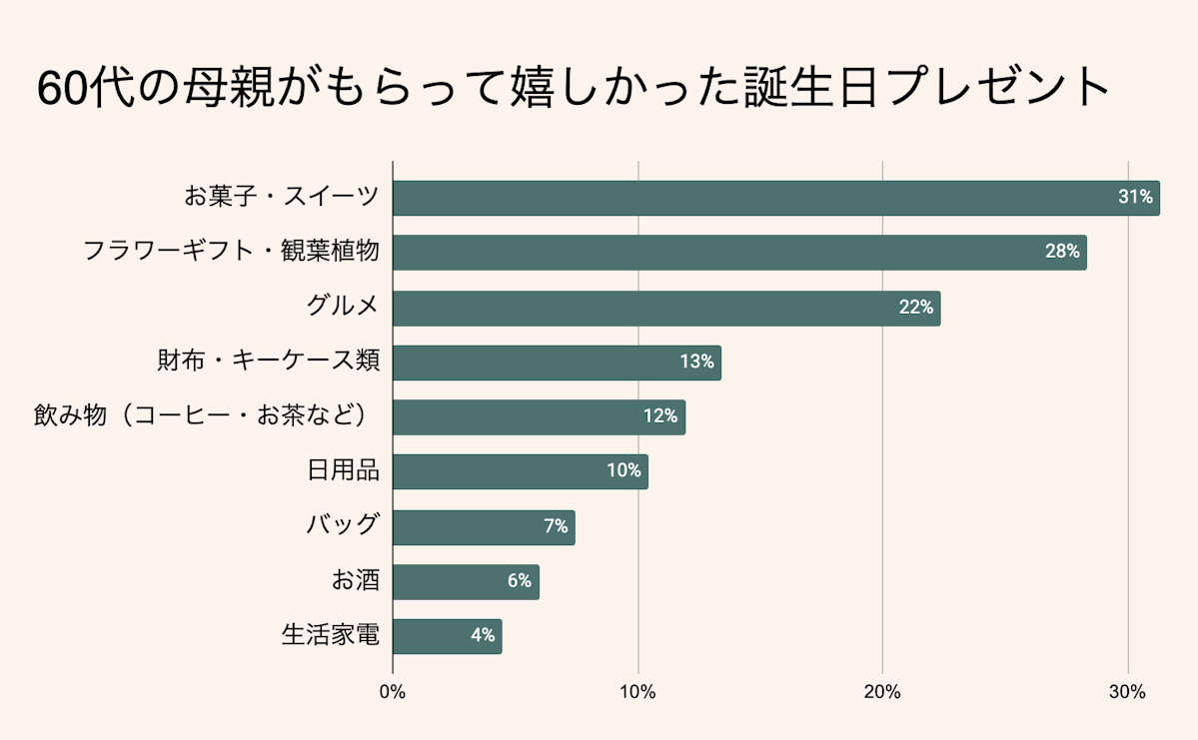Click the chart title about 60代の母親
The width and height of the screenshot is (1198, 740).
pyautogui.click(x=574, y=89)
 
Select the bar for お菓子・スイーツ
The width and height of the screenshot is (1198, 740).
pyautogui.click(x=775, y=198)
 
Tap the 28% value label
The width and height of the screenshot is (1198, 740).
pyautogui.click(x=1062, y=253)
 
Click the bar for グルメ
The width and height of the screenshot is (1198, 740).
pyautogui.click(x=666, y=308)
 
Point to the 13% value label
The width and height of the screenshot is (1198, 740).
pyautogui.click(x=696, y=362)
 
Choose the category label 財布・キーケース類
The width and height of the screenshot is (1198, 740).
pyautogui.click(x=268, y=361)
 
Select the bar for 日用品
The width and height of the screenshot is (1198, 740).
pyautogui.click(x=520, y=471)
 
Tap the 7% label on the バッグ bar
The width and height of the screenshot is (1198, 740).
pyautogui.click(x=556, y=526)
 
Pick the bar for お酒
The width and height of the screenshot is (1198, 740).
pyautogui.click(x=466, y=581)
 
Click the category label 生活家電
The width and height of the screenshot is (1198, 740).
pyautogui.click(x=330, y=635)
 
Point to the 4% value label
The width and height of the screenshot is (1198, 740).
pyautogui.click(x=483, y=636)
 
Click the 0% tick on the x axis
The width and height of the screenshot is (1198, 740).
pyautogui.click(x=393, y=692)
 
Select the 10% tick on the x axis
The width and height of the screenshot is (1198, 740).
pyautogui.click(x=637, y=692)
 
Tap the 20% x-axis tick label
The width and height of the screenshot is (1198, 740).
pyautogui.click(x=882, y=692)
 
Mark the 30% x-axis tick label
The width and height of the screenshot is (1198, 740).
pyautogui.click(x=1127, y=692)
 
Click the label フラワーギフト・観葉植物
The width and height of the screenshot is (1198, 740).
pyautogui.click(x=231, y=251)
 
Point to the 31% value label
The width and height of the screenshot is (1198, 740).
pyautogui.click(x=1135, y=198)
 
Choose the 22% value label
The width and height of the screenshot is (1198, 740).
pyautogui.click(x=915, y=308)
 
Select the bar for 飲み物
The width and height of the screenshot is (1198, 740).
pyautogui.click(x=539, y=416)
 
